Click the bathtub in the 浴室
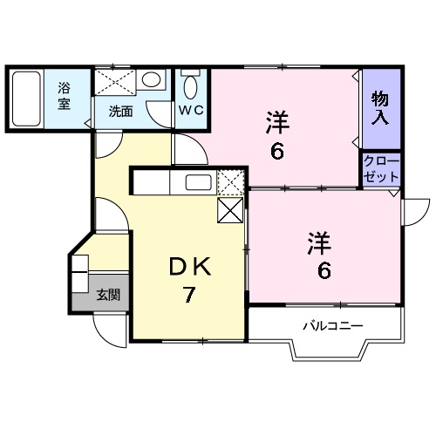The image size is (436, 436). coord(26,99)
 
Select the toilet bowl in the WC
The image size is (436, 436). coord(191,87)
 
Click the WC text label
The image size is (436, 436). coord(191,110)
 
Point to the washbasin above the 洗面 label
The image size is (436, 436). coord(151,79)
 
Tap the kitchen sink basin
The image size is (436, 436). coord(199,182)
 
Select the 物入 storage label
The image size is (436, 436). coord(380,107)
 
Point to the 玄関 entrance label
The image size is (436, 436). coord(108,295)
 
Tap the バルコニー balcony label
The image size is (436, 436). coord(333,325)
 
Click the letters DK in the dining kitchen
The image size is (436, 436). coord(190,267)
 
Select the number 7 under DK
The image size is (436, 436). coord(188,295)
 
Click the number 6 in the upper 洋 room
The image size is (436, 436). coord(277,152)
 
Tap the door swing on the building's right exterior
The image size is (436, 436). coord(423,216)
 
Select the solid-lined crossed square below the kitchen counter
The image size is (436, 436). coord(230,210)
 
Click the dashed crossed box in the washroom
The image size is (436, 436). coord(115,82)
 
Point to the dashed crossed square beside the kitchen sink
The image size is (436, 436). coord(231,182)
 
